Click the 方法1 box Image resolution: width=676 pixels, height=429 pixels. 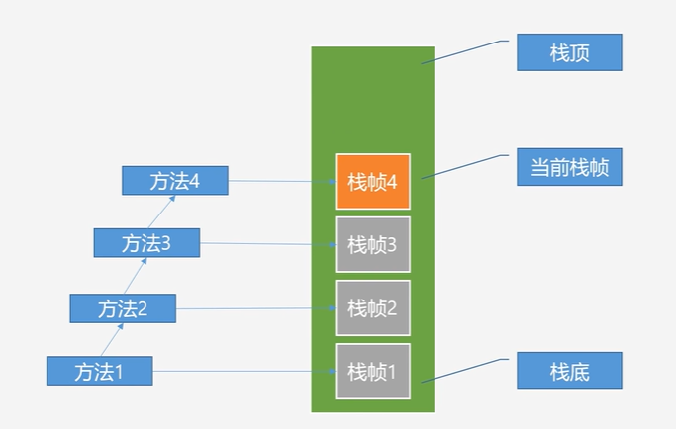[99, 371]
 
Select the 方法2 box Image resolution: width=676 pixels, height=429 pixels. [123, 307]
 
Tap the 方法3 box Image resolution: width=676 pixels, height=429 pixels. [146, 242]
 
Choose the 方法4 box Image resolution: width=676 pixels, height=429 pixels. [174, 181]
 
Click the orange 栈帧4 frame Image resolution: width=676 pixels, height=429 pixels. [372, 182]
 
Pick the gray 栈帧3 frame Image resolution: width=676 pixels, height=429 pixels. [372, 244]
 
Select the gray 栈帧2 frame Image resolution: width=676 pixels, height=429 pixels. [372, 307]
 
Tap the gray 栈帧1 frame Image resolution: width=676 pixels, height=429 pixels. [372, 371]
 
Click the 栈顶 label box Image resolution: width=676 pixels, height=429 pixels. [569, 52]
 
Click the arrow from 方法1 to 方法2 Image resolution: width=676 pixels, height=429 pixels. [112, 339]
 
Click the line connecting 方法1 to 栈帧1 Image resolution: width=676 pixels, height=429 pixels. [243, 371]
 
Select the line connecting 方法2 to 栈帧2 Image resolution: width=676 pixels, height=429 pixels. [255, 308]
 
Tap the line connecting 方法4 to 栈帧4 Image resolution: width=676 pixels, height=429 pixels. [281, 182]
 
